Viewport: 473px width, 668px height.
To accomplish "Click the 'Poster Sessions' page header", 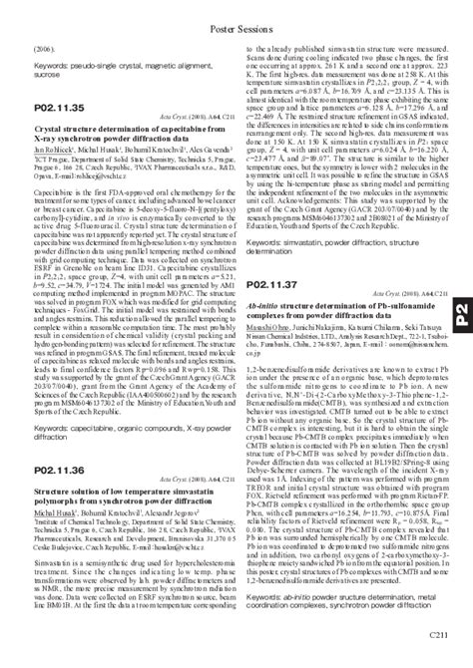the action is click(236, 9).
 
